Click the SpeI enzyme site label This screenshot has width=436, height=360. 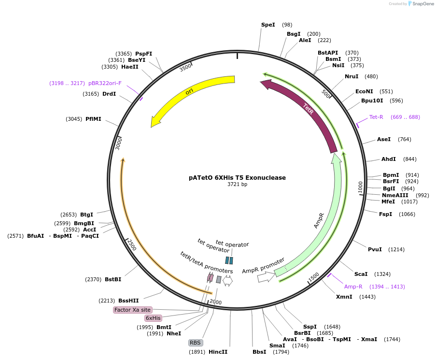click(x=267, y=25)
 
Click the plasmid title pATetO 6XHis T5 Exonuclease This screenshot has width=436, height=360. click(x=237, y=177)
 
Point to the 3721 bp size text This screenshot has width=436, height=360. click(x=237, y=184)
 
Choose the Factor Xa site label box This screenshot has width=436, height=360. click(x=133, y=310)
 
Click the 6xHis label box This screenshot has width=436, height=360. click(x=153, y=318)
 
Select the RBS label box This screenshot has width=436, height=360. click(x=195, y=343)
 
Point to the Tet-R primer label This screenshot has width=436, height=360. click(x=376, y=117)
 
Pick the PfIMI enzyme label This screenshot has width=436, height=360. click(x=93, y=119)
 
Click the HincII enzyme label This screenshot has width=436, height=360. click(x=218, y=352)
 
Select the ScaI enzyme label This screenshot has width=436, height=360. click(x=361, y=274)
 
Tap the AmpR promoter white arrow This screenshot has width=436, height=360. click(x=266, y=277)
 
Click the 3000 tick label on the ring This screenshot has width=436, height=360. click(x=118, y=143)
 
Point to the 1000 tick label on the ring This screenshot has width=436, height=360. click(x=360, y=187)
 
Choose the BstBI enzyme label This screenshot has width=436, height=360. click(x=113, y=279)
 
